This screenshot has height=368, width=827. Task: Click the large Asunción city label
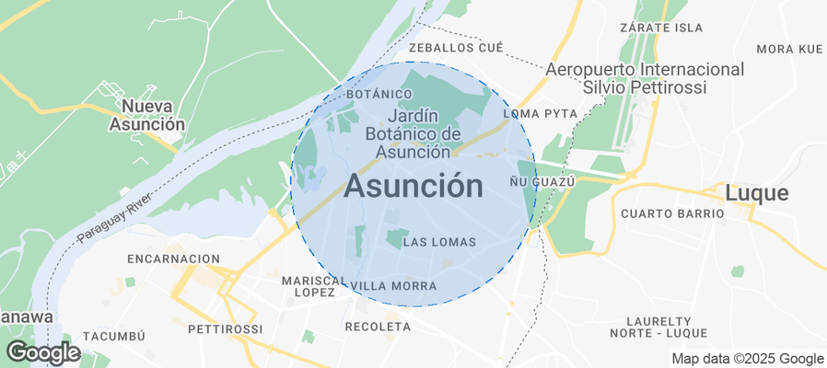click(413, 187)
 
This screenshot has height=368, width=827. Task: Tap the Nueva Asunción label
click(147, 114)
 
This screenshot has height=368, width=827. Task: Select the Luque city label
click(756, 193)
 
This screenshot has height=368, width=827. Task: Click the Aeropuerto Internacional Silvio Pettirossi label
click(645, 78)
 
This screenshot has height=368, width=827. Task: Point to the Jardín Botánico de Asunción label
click(412, 133)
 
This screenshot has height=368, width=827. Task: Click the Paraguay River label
click(112, 221)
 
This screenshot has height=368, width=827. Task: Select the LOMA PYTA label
click(541, 113)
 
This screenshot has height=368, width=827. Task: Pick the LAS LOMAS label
click(439, 242)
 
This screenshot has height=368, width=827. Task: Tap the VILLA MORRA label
click(394, 286)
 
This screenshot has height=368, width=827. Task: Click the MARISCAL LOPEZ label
click(314, 285)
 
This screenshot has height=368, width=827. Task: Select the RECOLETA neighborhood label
click(377, 327)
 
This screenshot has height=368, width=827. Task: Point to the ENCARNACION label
click(174, 259)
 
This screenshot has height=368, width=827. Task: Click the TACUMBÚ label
click(114, 337)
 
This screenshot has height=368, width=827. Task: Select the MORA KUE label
click(788, 49)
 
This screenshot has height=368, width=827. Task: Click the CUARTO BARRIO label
click(672, 213)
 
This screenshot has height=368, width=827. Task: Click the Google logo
click(42, 351)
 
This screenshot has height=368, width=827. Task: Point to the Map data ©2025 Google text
click(747, 359)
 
